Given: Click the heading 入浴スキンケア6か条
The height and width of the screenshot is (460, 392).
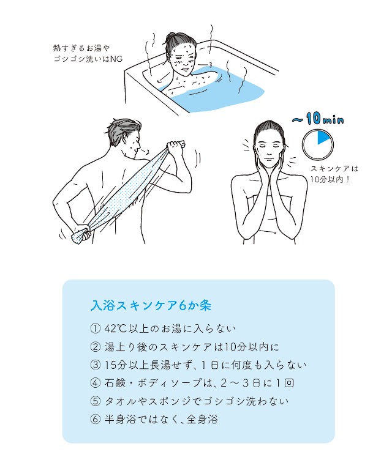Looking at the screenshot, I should [151, 305].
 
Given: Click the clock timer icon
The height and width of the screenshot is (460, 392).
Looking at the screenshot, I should [317, 146].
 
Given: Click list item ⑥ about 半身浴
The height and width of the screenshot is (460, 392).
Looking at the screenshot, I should [154, 420].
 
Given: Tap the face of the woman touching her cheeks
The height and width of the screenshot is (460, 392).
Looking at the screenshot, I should [268, 150].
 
